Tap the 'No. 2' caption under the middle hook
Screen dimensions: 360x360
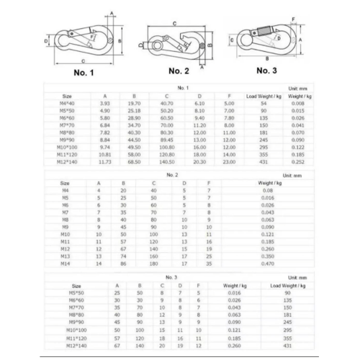(178, 71)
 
